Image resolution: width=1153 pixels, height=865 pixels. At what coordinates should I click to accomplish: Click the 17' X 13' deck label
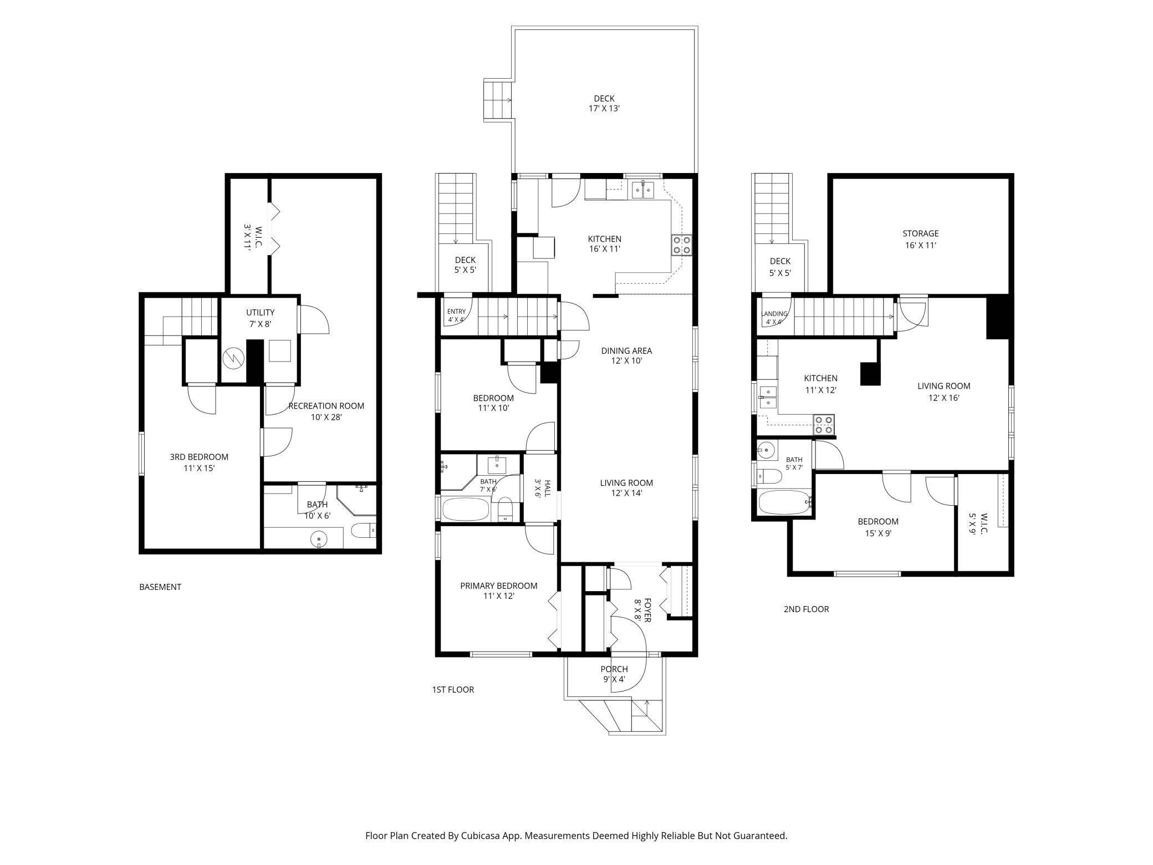click(x=604, y=104)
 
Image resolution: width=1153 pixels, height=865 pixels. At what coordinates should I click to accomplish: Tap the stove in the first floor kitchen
click(x=682, y=245)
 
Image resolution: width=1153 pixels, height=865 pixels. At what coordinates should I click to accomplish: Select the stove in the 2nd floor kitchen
click(x=823, y=425)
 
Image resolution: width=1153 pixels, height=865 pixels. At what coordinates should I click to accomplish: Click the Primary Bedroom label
click(x=498, y=591)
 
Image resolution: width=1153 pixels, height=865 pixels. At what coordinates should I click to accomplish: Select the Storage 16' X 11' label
click(x=920, y=239)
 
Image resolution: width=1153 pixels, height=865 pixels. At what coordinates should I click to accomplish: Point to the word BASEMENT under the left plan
click(x=160, y=587)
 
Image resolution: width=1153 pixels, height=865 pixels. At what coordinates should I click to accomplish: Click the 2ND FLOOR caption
click(x=806, y=609)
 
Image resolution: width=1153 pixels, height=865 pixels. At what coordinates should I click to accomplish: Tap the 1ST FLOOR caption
click(x=453, y=690)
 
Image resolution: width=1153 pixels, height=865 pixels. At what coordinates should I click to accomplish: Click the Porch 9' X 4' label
click(x=614, y=674)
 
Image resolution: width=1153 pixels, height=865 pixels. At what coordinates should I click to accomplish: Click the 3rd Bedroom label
click(x=199, y=462)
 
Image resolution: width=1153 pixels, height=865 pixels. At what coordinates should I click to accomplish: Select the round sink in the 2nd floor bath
click(x=767, y=450)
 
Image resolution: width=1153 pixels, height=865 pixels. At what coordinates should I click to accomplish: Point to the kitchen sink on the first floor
click(x=644, y=190)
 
